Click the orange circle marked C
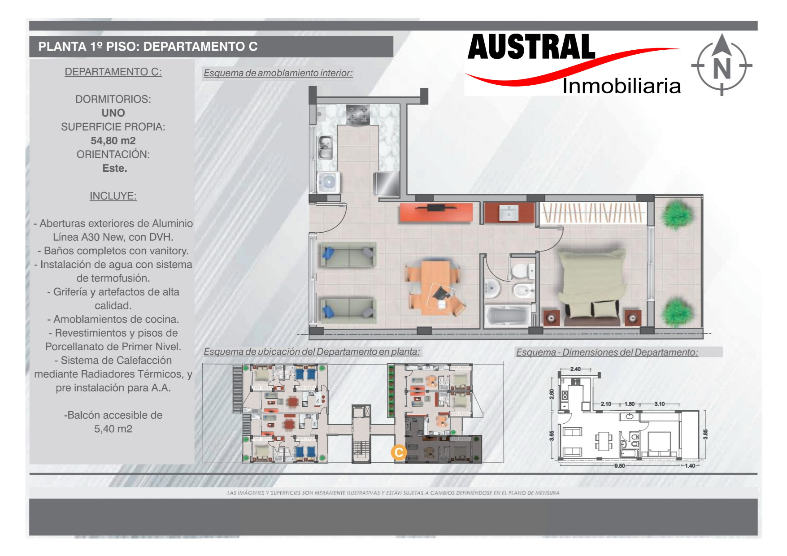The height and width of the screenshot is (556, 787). (x=399, y=452)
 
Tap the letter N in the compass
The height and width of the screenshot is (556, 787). (x=722, y=69)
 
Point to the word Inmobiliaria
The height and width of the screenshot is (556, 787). (x=622, y=86)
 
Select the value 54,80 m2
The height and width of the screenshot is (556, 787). (x=113, y=141)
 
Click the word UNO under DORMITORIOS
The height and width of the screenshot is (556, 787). (x=113, y=113)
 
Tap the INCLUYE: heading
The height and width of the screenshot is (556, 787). (x=113, y=196)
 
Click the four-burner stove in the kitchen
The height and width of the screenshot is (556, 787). (x=358, y=115)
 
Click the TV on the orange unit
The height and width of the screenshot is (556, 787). (x=436, y=208)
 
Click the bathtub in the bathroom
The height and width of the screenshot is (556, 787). (x=507, y=316)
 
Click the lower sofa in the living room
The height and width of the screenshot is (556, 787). (x=348, y=309)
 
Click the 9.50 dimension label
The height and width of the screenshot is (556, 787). (x=620, y=466)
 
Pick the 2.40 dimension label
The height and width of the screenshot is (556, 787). (x=575, y=369)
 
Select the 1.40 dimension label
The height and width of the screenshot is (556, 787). (x=690, y=466)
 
